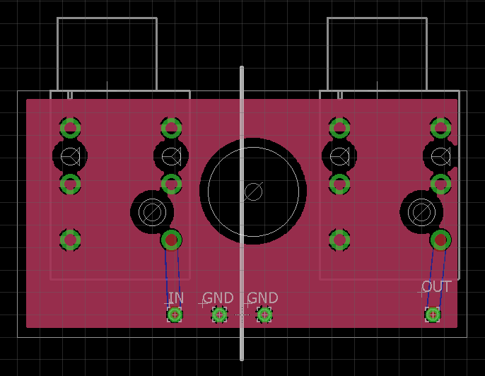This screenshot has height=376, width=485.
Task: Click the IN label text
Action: [x=176, y=298]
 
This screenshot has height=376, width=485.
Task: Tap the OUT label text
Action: [x=436, y=287]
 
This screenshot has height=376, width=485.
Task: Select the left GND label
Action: [x=218, y=298]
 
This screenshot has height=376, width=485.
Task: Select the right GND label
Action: [x=262, y=298]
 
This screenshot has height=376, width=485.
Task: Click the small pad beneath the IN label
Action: [x=175, y=315]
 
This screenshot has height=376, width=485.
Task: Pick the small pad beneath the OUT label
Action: [x=433, y=315]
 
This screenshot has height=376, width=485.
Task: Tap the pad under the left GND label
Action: [x=219, y=315]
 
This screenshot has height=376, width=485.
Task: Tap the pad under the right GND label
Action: [x=264, y=315]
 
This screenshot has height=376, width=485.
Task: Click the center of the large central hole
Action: [x=253, y=191]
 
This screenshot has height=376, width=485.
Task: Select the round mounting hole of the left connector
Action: [x=151, y=211]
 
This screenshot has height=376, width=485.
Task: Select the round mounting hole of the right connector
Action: [x=421, y=211]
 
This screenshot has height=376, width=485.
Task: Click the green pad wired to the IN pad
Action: [x=171, y=240]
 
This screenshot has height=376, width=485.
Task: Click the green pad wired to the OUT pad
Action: [x=441, y=240]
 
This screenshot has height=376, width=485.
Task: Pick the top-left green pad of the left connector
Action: [x=70, y=128]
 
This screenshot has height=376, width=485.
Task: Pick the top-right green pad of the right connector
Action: [x=441, y=128]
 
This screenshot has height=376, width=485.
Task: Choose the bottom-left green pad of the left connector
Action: [x=70, y=240]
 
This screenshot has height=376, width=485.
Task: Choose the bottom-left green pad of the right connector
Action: [x=340, y=240]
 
